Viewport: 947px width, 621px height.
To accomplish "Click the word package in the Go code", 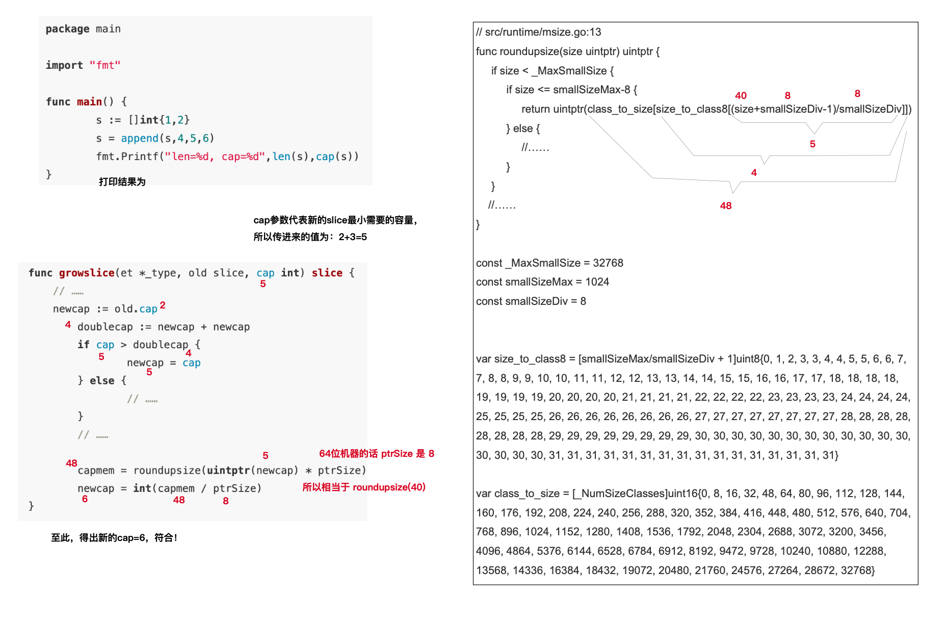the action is tap(67, 29).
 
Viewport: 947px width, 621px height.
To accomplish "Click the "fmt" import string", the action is tap(105, 65).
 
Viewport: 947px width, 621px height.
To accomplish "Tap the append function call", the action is tap(139, 138).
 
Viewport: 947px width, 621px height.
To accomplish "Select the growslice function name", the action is tap(86, 273).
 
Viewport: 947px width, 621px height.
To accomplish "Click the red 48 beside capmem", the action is tap(71, 463).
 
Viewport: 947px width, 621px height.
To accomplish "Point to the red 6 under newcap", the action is tap(85, 499).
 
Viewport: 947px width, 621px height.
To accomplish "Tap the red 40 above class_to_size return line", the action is tap(741, 95).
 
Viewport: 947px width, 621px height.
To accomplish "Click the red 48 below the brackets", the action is tap(725, 205).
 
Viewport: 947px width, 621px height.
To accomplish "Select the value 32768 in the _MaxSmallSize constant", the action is tap(608, 263).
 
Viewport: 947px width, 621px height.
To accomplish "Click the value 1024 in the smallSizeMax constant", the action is tap(597, 282).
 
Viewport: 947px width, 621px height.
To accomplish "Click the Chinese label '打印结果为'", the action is tap(122, 182).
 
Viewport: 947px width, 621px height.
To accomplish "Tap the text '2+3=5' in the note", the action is tap(353, 237).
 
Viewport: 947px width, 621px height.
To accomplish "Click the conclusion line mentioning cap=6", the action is tap(114, 537).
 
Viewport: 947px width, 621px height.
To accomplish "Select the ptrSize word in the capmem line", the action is tap(341, 470).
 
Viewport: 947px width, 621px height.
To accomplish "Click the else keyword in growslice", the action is tap(102, 381).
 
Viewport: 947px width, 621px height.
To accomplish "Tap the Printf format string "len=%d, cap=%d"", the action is tap(215, 157).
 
